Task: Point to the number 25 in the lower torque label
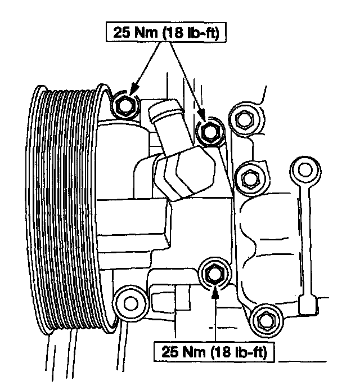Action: (170, 353)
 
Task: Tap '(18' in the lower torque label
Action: (221, 353)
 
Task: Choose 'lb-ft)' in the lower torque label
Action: (252, 353)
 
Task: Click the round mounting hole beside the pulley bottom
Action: (130, 303)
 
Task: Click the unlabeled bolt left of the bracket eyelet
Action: (248, 178)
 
